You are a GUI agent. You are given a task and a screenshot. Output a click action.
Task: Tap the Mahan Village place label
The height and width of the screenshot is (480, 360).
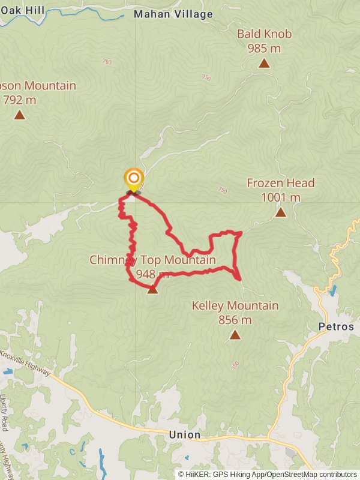coord(173,14)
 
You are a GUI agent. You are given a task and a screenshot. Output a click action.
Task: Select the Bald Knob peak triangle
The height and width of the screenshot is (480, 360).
coord(263,63)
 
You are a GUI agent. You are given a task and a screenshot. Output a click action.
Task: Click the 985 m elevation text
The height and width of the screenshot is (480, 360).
coord(264,48)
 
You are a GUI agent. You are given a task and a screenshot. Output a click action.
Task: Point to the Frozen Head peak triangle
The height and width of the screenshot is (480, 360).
coord(280,212)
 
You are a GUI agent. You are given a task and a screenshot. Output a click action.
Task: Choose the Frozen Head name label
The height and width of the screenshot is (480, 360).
coord(280,183)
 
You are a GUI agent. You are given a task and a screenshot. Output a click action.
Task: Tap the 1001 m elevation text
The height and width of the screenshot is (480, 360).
coord(280,197)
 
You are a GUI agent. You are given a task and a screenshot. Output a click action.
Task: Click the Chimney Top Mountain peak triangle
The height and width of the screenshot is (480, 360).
coord(152,290)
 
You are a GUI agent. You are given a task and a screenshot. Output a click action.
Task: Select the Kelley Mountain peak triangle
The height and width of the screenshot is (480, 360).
coord(235,335)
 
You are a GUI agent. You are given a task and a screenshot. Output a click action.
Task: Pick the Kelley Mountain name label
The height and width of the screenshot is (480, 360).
coord(235,306)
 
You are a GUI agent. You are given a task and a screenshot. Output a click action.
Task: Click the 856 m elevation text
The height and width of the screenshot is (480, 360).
coord(235,320)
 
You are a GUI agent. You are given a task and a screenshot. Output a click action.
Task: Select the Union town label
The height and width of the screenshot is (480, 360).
coord(185,434)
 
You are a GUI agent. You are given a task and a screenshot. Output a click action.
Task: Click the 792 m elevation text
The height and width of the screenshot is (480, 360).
coord(19,100)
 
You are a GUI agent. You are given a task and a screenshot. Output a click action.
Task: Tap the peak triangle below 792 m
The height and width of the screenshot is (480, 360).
coord(19,115)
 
